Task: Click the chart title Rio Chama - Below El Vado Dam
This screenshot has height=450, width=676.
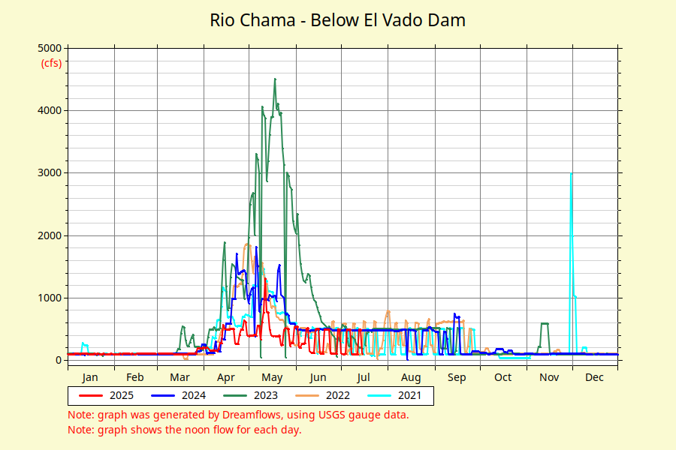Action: point(337,20)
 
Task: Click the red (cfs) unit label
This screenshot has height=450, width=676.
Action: point(51,63)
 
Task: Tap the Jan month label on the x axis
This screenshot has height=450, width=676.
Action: point(90,377)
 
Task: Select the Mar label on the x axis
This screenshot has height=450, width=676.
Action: point(180,377)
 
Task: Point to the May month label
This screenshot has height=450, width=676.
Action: point(271,377)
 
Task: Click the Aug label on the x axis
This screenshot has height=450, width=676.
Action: point(410,377)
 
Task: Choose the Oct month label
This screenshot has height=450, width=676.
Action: point(503,377)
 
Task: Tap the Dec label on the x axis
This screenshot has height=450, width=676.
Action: point(594,377)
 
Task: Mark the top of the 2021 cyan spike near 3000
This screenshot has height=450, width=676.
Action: point(572,173)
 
